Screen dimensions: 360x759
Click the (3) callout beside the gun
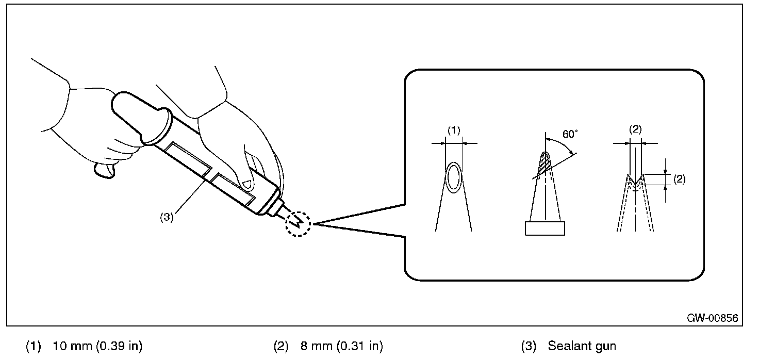(166, 217)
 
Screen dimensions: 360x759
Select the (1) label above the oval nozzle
(453, 131)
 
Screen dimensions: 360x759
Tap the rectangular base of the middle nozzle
(544, 228)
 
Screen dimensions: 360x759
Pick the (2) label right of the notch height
(679, 179)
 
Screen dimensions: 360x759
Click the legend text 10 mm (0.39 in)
(98, 346)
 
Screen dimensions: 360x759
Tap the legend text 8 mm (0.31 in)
(342, 346)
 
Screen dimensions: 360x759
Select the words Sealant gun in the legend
(582, 346)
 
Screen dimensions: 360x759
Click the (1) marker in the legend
(33, 346)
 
